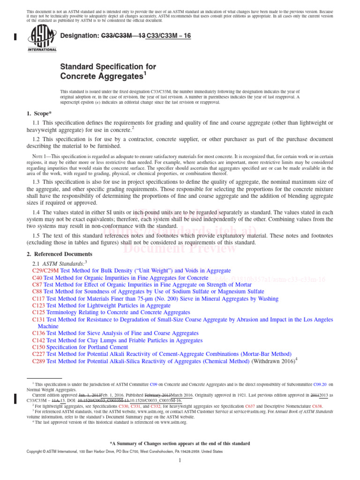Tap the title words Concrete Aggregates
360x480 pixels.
(x=101, y=75)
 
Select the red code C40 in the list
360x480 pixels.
(x=37, y=277)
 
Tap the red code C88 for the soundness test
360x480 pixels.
(x=37, y=291)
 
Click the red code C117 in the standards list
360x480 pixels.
(x=39, y=298)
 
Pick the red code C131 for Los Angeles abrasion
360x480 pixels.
(x=39, y=319)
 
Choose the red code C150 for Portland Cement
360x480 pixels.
(x=39, y=347)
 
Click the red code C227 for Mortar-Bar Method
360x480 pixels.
(x=39, y=354)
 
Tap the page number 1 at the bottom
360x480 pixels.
(x=180, y=461)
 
